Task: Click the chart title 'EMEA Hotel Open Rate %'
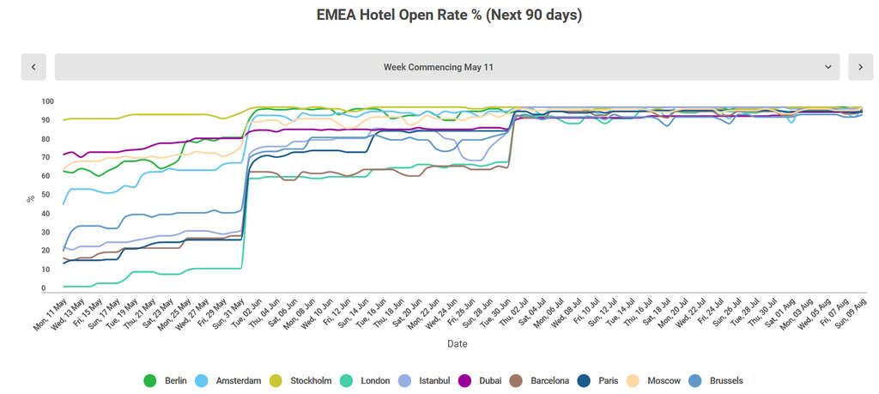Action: coord(439,15)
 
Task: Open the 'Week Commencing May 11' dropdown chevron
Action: coord(828,67)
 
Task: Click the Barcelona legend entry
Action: coord(541,380)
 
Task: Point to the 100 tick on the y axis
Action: coord(48,101)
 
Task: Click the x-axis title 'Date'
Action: coord(457,344)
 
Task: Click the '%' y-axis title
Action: coord(30,197)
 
